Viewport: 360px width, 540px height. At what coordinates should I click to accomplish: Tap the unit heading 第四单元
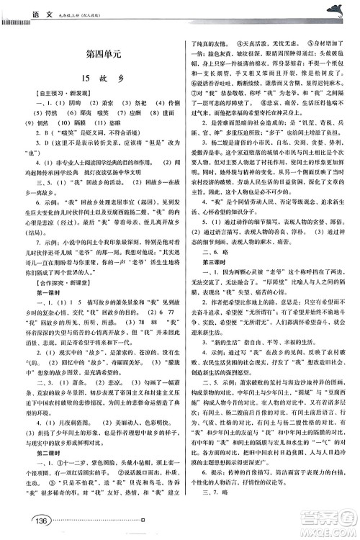[94, 55]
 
